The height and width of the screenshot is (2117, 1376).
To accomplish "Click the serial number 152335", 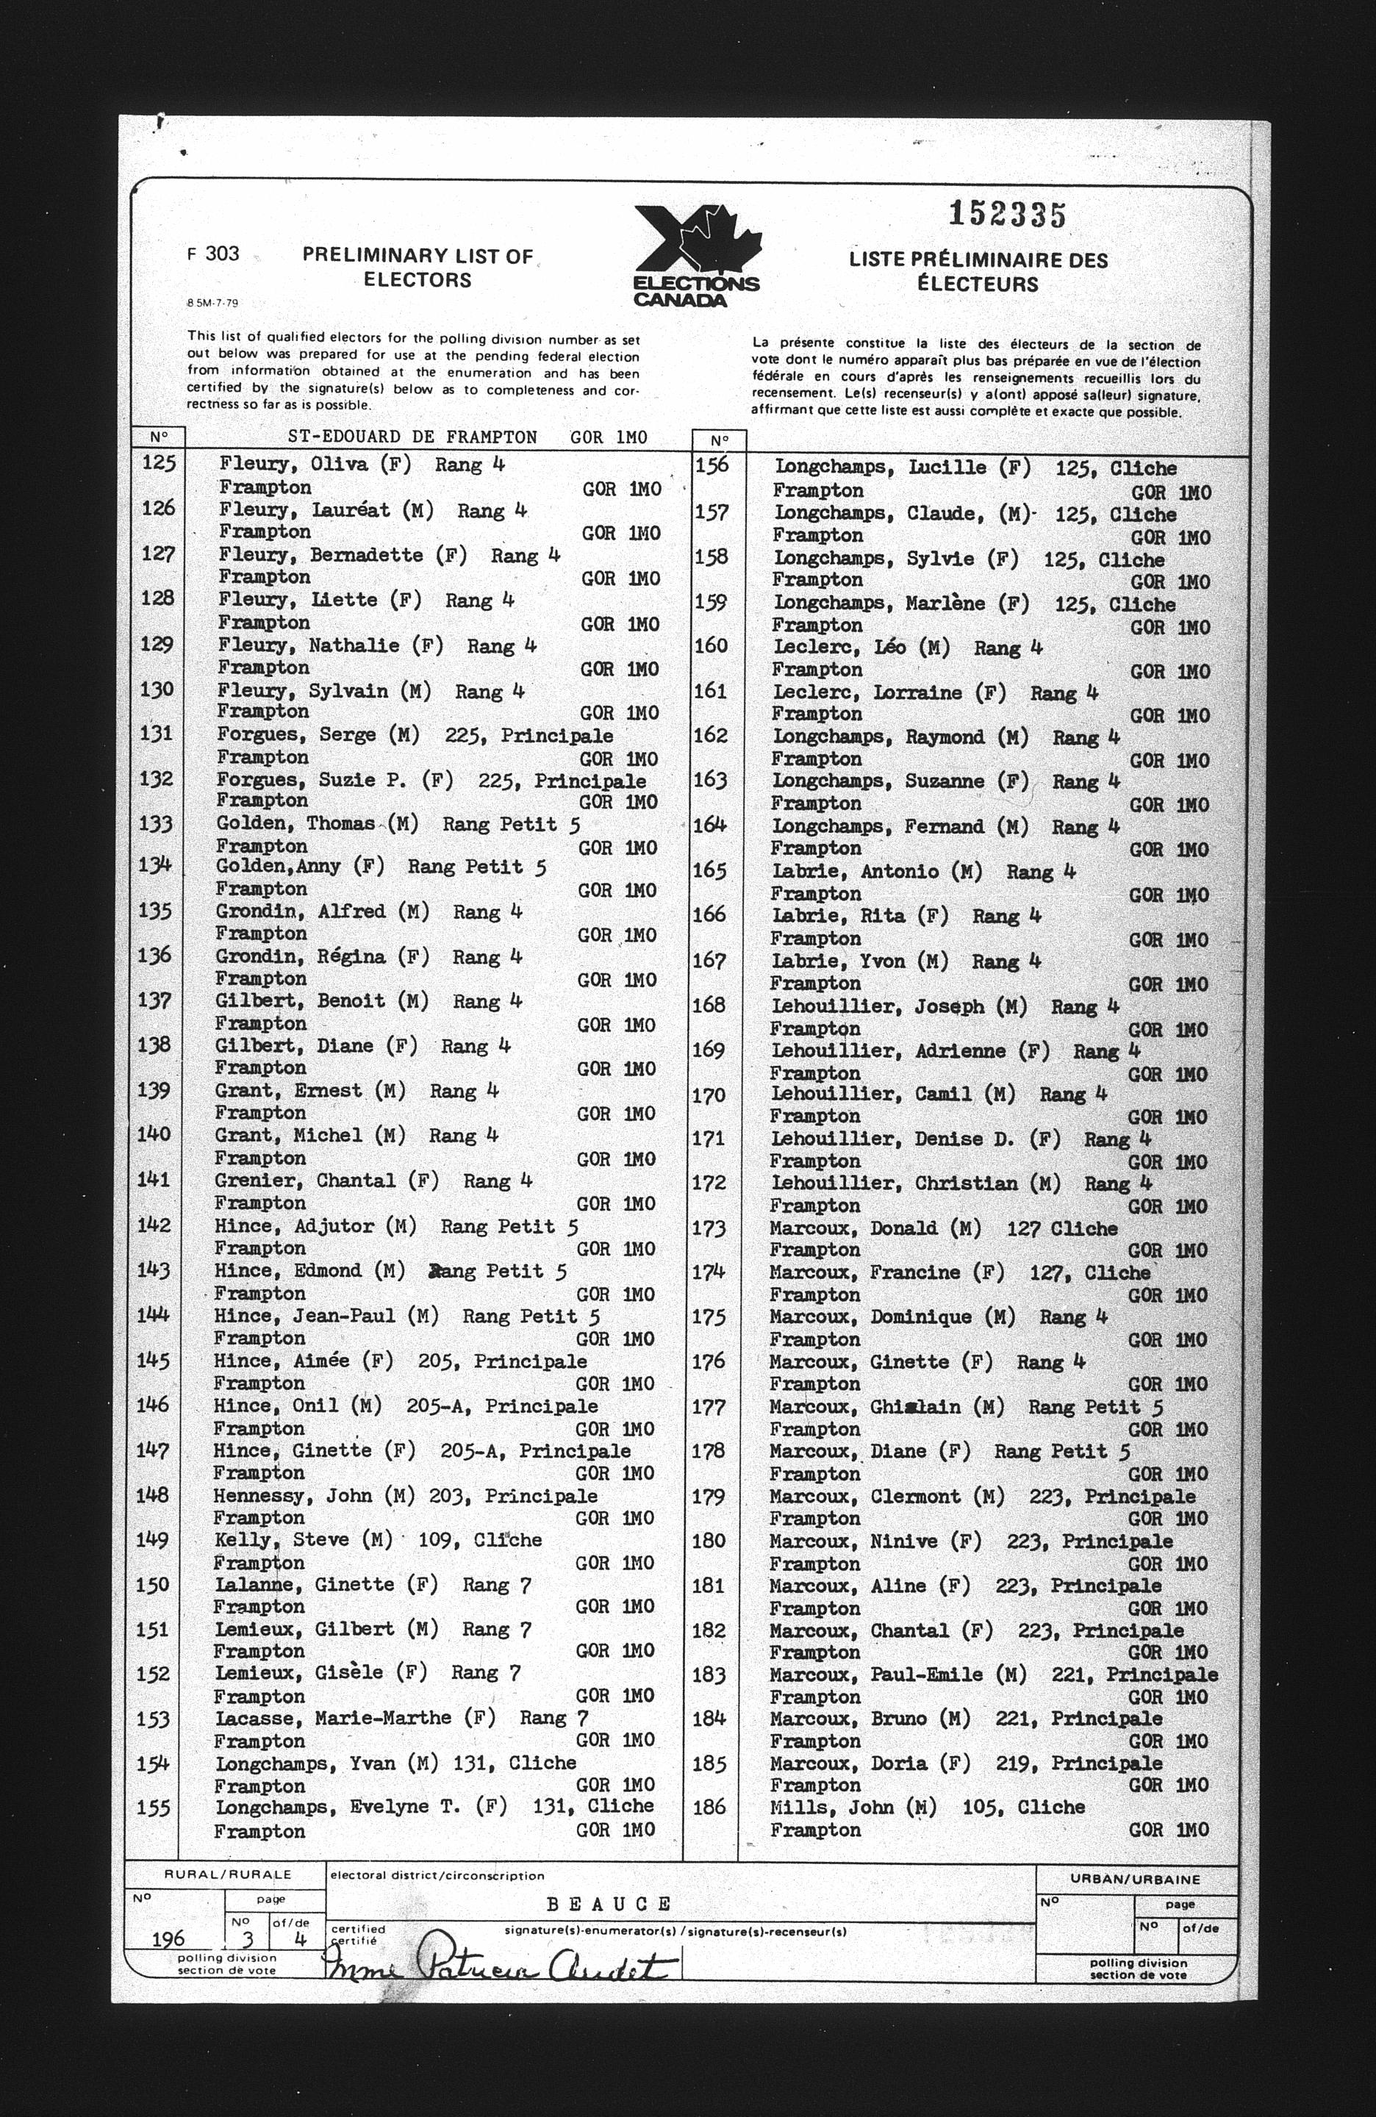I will pyautogui.click(x=1007, y=215).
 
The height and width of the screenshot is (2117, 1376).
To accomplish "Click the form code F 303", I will pyautogui.click(x=212, y=254).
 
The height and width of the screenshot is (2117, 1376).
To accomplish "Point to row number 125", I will pyautogui.click(x=158, y=462).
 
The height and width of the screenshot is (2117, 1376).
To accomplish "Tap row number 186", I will pyautogui.click(x=709, y=1808).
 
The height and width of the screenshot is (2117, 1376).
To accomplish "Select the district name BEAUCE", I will pyautogui.click(x=609, y=1904).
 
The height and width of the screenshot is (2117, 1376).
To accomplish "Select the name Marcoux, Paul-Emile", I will pyautogui.click(x=876, y=1674).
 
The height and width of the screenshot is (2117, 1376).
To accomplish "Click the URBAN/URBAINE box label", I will pyautogui.click(x=1136, y=1880).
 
